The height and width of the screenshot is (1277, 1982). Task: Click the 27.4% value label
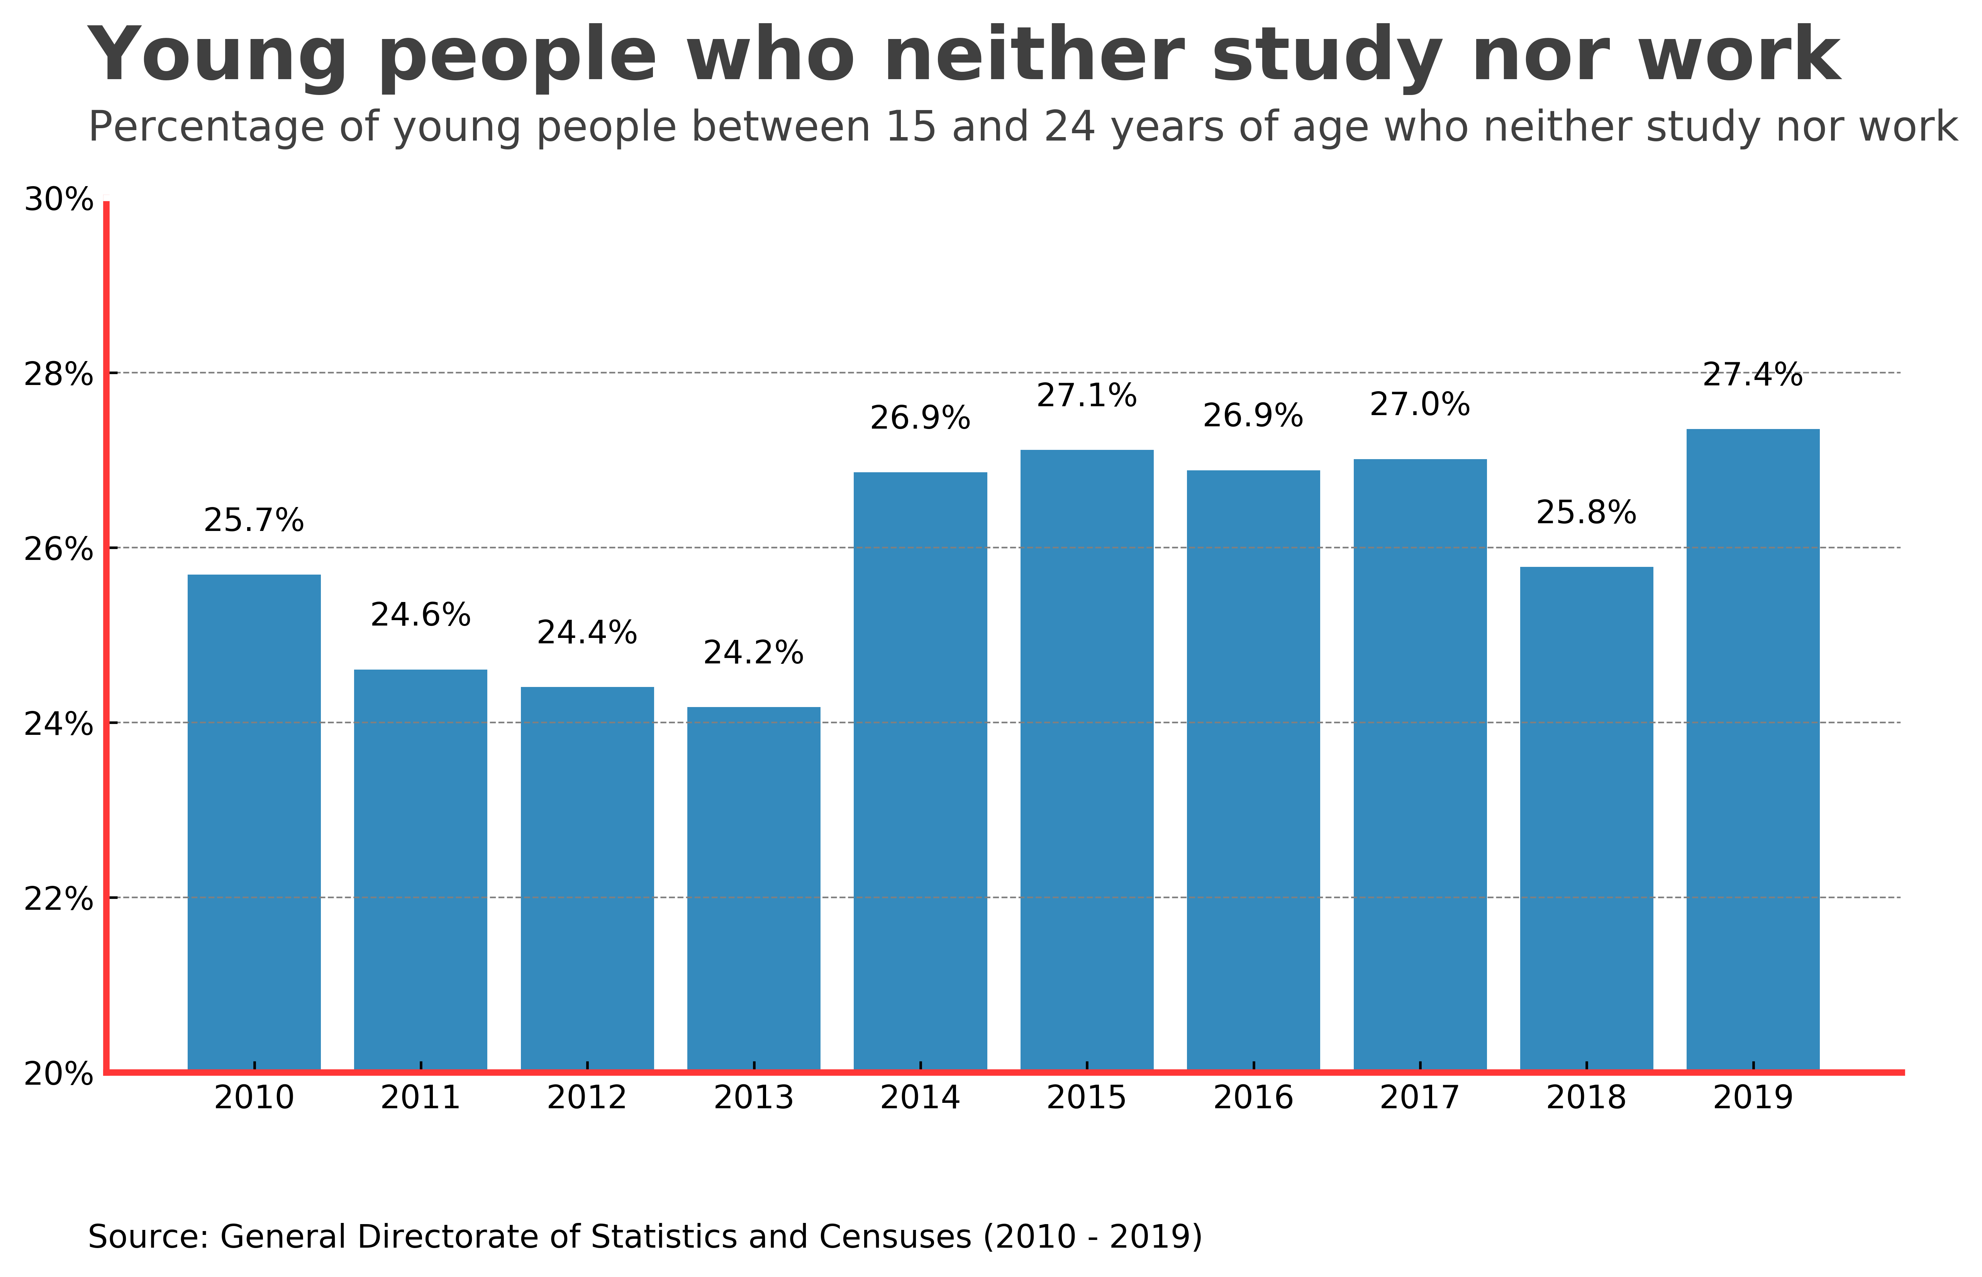click(x=1752, y=376)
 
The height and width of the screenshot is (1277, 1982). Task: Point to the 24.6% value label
click(x=420, y=615)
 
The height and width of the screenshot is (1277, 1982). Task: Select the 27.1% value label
click(x=1087, y=396)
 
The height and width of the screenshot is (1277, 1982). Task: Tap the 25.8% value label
click(x=1586, y=513)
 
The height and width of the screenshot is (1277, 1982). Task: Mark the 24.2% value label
click(x=753, y=653)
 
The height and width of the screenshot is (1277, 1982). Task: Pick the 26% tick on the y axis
click(x=58, y=549)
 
